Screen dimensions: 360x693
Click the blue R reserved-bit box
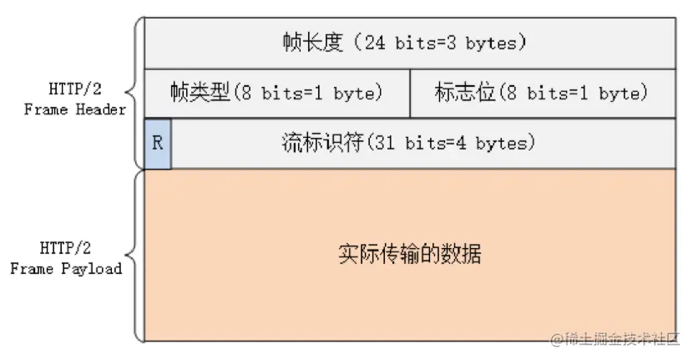tap(158, 144)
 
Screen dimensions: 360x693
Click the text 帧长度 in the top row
tap(314, 43)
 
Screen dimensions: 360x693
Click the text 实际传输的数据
tap(409, 254)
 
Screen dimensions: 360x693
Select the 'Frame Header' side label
tap(75, 109)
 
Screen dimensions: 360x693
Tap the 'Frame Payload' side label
tap(67, 269)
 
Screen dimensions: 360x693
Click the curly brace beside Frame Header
tap(134, 92)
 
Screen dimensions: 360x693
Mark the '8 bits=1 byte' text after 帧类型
tap(308, 94)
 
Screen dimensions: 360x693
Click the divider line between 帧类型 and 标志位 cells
tap(410, 93)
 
